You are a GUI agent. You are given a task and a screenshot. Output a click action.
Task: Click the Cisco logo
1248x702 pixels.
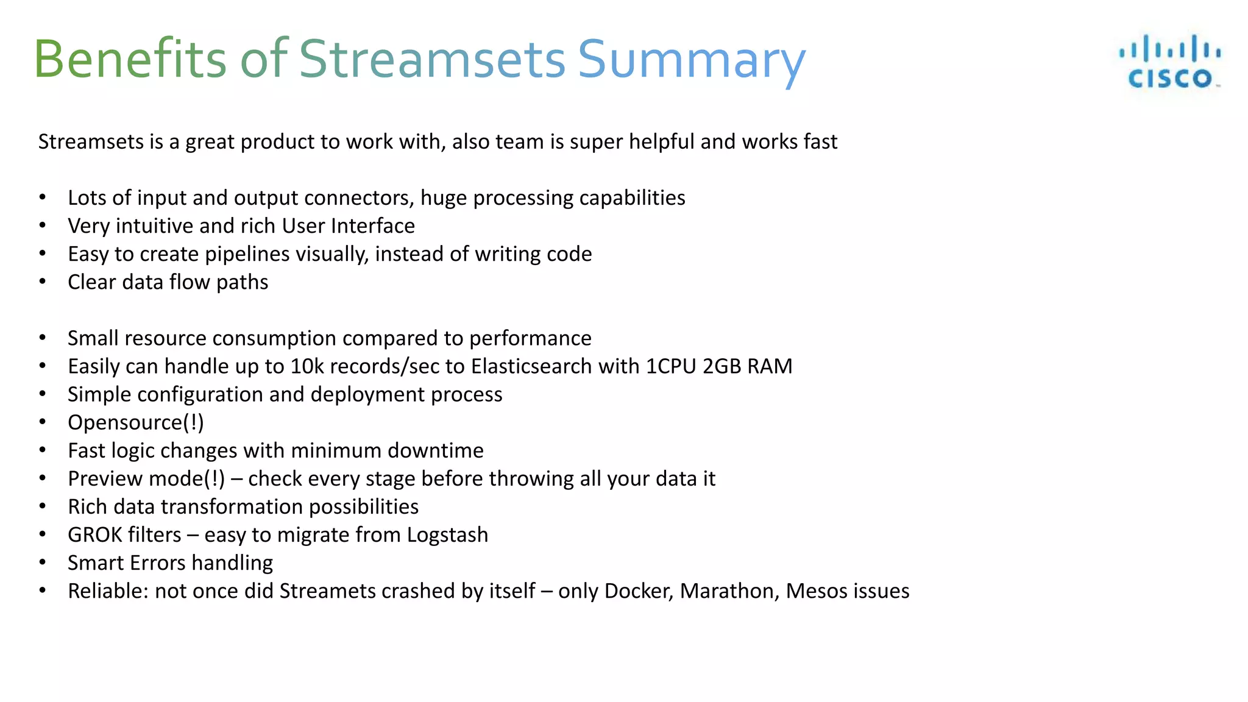[x=1169, y=62]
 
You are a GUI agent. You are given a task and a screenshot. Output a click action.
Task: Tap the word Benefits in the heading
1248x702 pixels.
[x=130, y=59]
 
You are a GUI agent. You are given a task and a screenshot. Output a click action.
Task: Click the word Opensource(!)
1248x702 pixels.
[x=136, y=422]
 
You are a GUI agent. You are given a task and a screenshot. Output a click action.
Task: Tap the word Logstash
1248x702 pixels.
[x=447, y=534]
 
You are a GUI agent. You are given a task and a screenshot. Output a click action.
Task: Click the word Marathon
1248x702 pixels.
[x=729, y=591]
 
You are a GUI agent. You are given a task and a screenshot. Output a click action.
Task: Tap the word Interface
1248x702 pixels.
[x=373, y=226]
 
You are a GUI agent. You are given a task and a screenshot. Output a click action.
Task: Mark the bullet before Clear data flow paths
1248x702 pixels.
[x=43, y=282]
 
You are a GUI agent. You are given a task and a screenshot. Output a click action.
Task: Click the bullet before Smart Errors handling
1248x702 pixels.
[x=43, y=562]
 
